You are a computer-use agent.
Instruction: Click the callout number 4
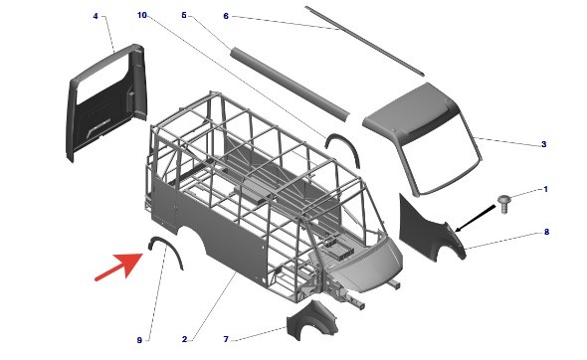pyautogui.click(x=96, y=17)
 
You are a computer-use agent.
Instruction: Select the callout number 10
pyautogui.click(x=142, y=15)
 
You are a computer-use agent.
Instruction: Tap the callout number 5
pyautogui.click(x=184, y=15)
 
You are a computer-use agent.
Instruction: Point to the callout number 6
pyautogui.click(x=226, y=17)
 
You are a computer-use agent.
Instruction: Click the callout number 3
pyautogui.click(x=544, y=144)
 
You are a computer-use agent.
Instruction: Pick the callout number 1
pyautogui.click(x=545, y=189)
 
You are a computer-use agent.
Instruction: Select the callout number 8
pyautogui.click(x=546, y=232)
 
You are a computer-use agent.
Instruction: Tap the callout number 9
pyautogui.click(x=139, y=340)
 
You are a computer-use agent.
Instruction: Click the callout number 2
pyautogui.click(x=185, y=339)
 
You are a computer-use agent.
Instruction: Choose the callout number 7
pyautogui.click(x=226, y=339)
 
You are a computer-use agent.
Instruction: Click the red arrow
pyautogui.click(x=119, y=267)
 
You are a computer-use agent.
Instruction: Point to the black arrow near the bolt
pyautogui.click(x=475, y=218)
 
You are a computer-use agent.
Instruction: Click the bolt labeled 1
pyautogui.click(x=503, y=204)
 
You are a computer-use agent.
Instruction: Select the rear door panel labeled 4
pyautogui.click(x=106, y=102)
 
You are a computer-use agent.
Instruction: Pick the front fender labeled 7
pyautogui.click(x=311, y=320)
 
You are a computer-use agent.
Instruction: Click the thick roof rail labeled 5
pyautogui.click(x=290, y=85)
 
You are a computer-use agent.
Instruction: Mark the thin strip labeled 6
pyautogui.click(x=364, y=41)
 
